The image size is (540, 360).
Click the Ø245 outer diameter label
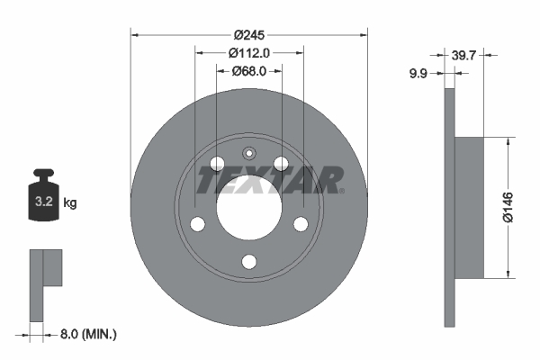coord(249,35)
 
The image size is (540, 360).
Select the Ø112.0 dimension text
coord(249,53)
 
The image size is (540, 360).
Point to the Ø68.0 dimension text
coord(249,71)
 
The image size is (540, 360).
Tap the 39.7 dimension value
coord(465,55)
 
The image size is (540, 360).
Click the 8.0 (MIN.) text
coord(87,334)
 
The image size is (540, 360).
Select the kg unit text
coord(70,203)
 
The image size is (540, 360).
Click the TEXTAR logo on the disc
coord(270,180)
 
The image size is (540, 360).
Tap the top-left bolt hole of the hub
coord(217,163)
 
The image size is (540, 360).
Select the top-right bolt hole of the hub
coord(282,163)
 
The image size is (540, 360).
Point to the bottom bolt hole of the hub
coord(249,262)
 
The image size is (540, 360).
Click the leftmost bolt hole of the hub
coord(197,223)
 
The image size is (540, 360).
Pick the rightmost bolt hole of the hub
coord(301,223)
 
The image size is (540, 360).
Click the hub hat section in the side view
coord(470,206)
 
